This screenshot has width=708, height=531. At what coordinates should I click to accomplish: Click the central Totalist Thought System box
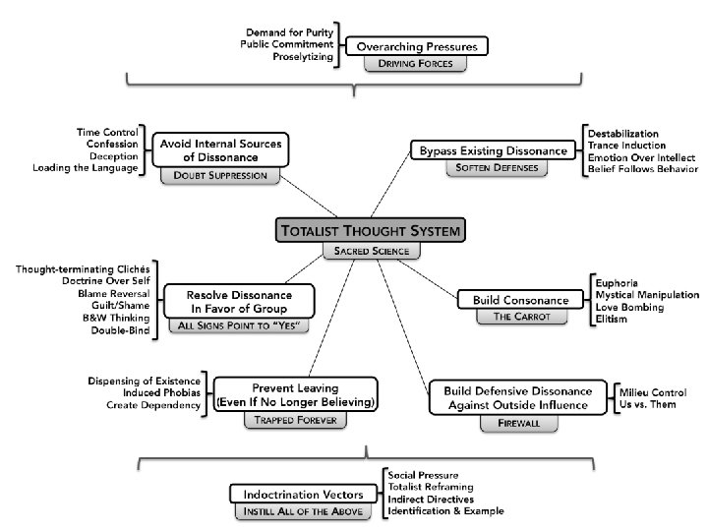[370, 231]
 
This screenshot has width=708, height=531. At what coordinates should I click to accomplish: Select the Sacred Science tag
[369, 252]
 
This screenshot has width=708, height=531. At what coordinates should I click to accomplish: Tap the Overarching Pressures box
[417, 46]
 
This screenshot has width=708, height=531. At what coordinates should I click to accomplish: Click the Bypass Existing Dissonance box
[493, 150]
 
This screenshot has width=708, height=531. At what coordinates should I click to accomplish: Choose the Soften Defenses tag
[493, 169]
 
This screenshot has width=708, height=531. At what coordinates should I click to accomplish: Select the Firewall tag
[511, 424]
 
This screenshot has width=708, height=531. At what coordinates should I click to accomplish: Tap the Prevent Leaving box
[296, 394]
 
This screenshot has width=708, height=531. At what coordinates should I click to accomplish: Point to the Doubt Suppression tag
[220, 175]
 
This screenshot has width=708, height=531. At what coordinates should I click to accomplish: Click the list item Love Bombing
[628, 308]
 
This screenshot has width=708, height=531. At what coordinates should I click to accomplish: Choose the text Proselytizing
[304, 57]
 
